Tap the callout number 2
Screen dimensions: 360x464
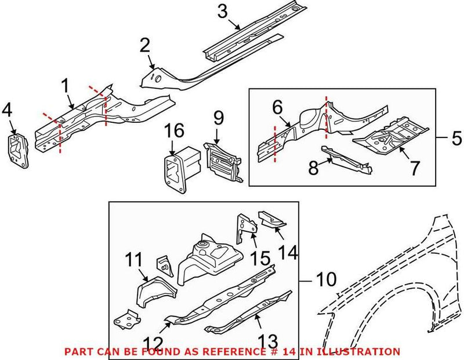145,45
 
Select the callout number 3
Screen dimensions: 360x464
223,10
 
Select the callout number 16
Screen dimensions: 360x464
176,130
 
